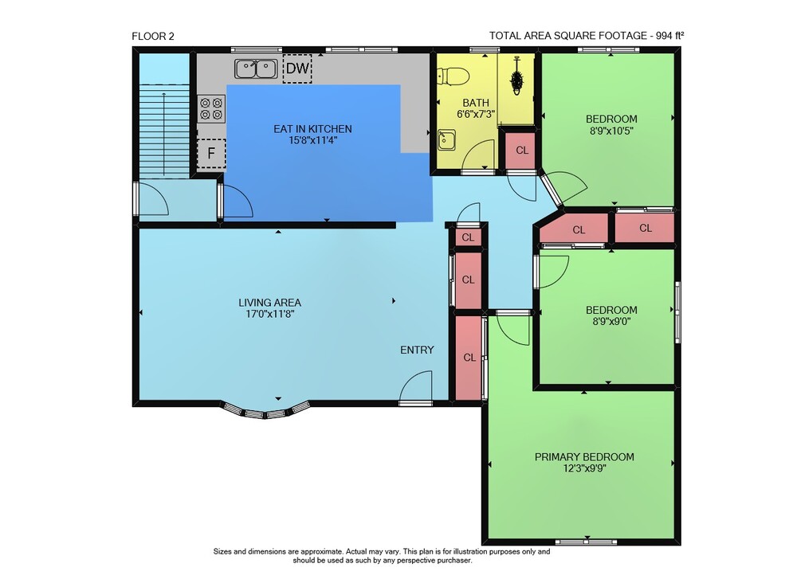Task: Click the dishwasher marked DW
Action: [297, 68]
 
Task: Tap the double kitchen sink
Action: [256, 69]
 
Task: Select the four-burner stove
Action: [211, 108]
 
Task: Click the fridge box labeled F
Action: [211, 154]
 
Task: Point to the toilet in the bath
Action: [453, 76]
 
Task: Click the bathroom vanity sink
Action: [447, 140]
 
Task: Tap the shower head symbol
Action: [517, 76]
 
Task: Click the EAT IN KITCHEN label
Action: [312, 129]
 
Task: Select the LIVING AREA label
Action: [270, 303]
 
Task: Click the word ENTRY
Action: [417, 350]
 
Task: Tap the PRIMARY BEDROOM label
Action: [584, 457]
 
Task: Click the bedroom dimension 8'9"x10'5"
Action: [611, 131]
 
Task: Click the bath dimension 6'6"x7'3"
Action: [476, 114]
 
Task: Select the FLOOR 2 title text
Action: [152, 36]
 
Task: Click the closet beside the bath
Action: [520, 151]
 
